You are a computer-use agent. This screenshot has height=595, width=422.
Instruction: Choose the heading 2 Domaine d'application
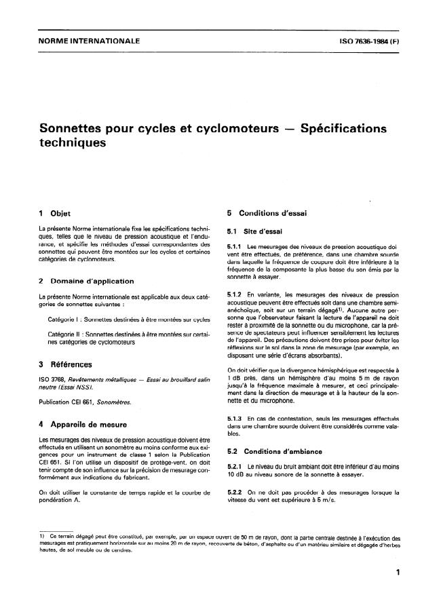pyautogui.click(x=86, y=280)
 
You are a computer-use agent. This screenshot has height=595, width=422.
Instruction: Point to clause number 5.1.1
pyautogui.click(x=235, y=246)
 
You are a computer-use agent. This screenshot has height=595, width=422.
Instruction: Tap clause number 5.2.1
pyautogui.click(x=235, y=468)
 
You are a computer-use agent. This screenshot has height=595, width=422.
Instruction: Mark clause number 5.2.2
pyautogui.click(x=235, y=491)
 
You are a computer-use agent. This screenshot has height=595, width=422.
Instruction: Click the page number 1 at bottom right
pyautogui.click(x=396, y=573)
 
